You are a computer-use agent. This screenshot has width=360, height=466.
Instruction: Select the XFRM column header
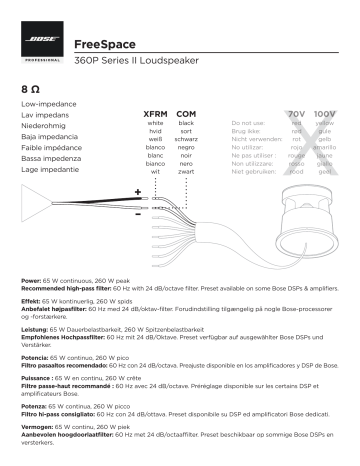tap(155, 117)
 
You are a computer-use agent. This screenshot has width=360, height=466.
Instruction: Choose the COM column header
tap(186, 117)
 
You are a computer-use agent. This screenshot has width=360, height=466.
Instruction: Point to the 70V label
tap(296, 117)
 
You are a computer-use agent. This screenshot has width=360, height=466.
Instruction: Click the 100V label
tap(326, 117)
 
